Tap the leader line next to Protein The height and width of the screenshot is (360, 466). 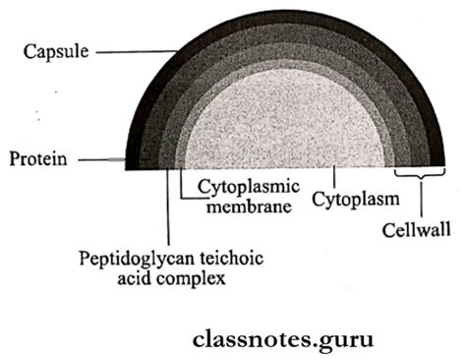coord(98,158)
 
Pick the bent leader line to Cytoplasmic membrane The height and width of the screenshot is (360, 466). coord(183,187)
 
